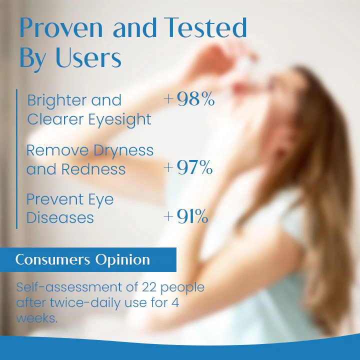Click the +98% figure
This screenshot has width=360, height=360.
click(x=189, y=99)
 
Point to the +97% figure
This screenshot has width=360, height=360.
click(x=188, y=168)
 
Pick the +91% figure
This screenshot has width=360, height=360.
click(x=185, y=217)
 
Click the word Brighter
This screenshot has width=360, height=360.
click(x=55, y=100)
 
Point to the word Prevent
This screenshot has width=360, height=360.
click(x=51, y=199)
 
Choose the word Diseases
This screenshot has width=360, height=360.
click(x=60, y=218)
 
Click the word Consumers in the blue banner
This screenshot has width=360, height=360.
click(x=47, y=260)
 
